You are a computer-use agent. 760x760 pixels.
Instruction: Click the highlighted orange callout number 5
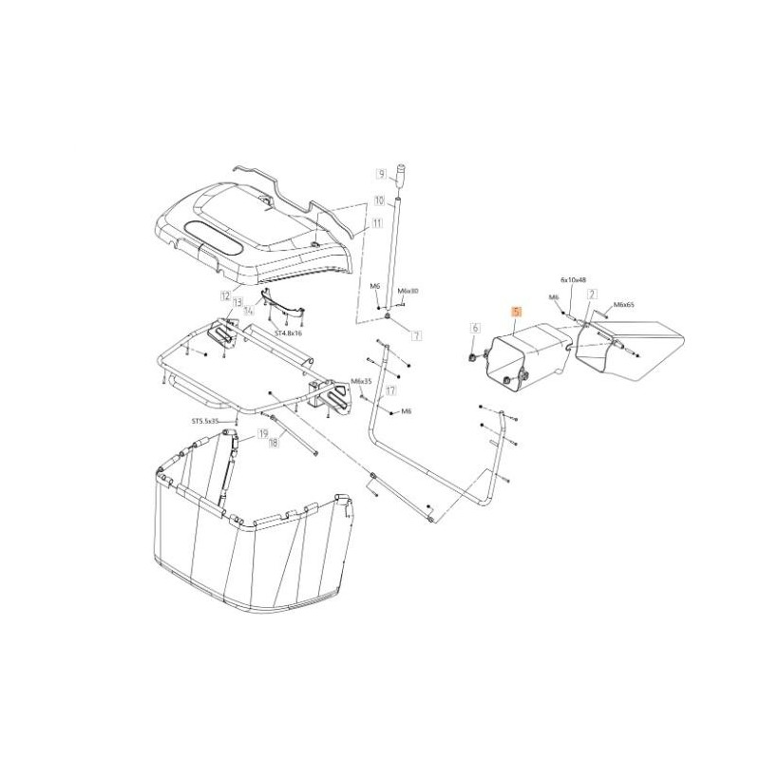516,312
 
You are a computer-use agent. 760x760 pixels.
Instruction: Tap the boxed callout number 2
591,294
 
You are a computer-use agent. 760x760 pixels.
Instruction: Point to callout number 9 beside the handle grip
380,175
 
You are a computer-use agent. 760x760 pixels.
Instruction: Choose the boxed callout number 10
379,200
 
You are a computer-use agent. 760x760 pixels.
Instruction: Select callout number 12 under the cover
225,296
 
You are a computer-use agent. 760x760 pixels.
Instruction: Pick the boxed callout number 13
237,302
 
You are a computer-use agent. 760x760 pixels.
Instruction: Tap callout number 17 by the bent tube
390,390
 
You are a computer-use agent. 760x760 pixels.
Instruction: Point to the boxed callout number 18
274,443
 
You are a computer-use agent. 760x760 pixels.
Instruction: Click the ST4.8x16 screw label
288,333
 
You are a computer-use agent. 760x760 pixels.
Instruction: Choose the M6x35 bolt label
361,381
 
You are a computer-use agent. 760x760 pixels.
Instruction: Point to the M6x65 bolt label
625,305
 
